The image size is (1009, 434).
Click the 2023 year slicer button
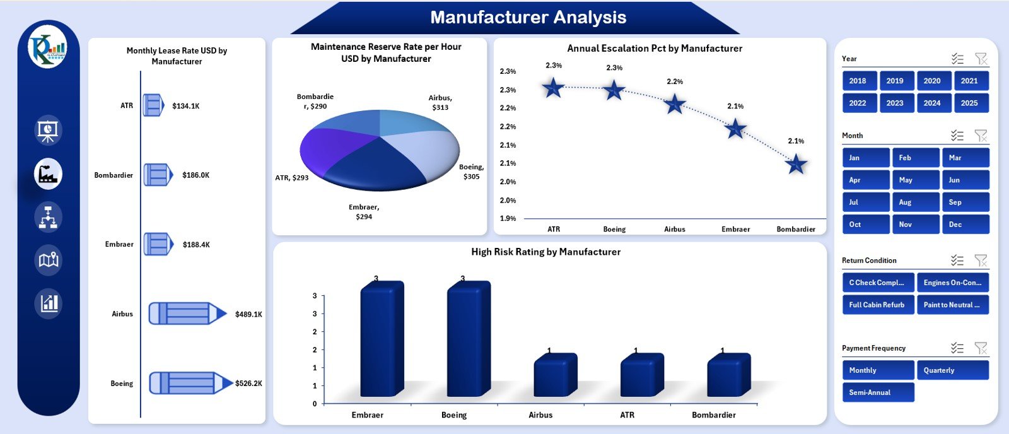coord(895,103)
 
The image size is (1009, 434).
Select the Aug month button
coord(915,202)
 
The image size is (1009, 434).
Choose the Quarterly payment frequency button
coord(952,370)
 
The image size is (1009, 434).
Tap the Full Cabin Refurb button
coord(877,305)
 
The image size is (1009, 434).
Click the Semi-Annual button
coord(877,392)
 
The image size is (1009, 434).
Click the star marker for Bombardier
coord(796,165)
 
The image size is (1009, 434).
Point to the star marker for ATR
coord(553,88)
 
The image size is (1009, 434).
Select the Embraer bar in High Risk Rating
coord(381,341)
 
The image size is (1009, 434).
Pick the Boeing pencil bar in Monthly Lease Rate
coord(189,383)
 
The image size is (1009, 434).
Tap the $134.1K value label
coord(185,106)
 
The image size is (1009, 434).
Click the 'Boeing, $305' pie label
coord(471,172)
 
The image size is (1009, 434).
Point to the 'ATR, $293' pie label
coord(291,178)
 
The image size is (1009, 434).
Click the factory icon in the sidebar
coord(48,173)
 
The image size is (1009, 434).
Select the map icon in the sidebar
coord(49,259)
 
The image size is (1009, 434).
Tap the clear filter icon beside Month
coord(981,136)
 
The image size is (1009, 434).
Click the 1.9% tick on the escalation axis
coord(508,218)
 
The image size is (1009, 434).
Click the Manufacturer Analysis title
coord(528,18)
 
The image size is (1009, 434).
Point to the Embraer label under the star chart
coord(735,229)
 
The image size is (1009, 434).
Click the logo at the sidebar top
coord(48,48)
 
